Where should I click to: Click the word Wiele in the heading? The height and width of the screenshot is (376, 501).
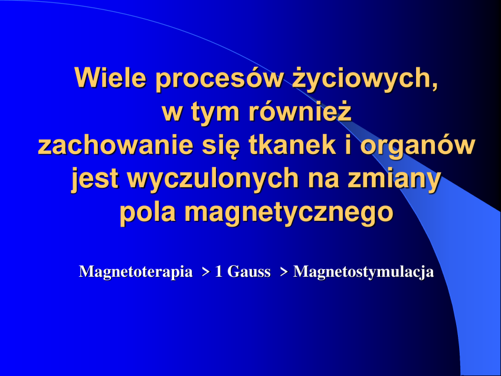point(110,78)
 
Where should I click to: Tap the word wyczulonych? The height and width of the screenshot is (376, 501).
point(213,179)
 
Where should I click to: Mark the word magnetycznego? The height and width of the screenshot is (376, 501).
point(289,213)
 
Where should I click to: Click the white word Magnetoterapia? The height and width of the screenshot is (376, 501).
point(136,272)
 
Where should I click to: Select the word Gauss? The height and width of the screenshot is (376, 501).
point(248,272)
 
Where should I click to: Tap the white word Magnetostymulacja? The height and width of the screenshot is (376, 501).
point(364,272)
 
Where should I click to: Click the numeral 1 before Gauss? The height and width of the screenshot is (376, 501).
point(218,272)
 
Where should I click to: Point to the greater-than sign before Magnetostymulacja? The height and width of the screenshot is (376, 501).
point(284,272)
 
